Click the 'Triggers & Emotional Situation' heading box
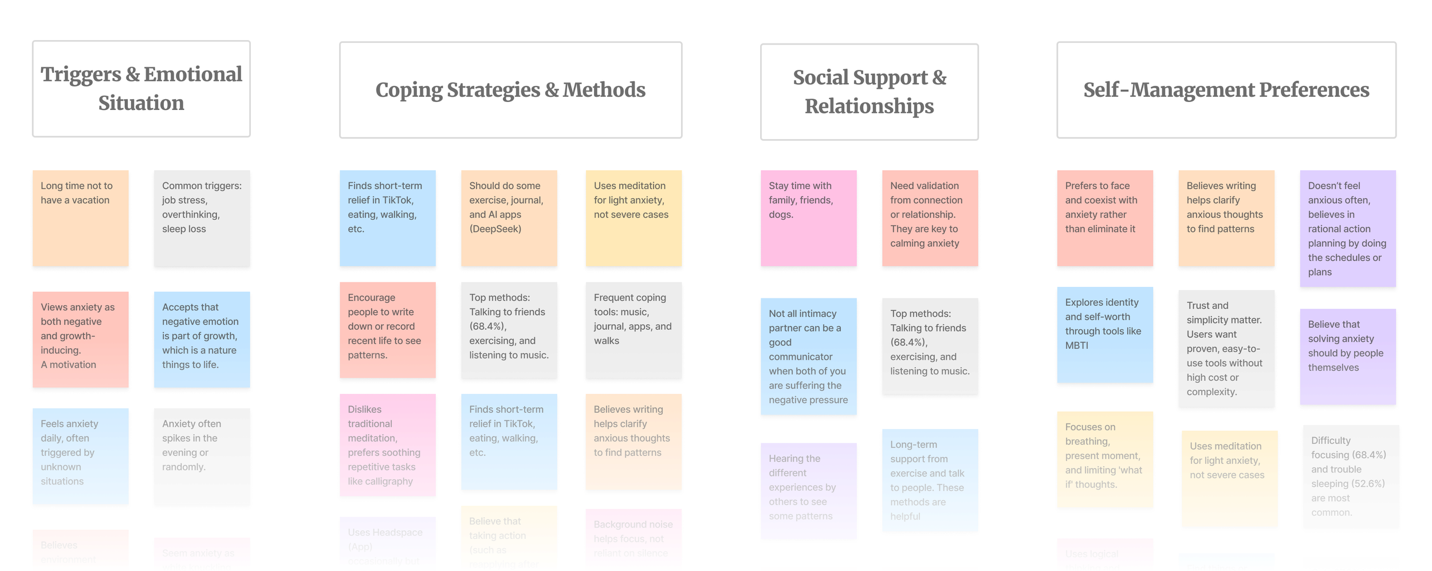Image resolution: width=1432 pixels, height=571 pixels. [x=141, y=89]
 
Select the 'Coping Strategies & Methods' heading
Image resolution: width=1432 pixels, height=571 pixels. [x=510, y=90]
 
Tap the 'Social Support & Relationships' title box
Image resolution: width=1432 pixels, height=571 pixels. [x=869, y=92]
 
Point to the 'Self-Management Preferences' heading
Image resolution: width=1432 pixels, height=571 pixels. [x=1226, y=90]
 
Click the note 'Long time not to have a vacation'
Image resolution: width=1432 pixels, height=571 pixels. [x=80, y=218]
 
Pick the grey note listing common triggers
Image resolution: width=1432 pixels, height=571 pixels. [x=202, y=218]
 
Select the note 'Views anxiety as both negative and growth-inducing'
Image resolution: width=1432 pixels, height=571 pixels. [x=80, y=339]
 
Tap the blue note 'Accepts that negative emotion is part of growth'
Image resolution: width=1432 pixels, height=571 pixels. [x=202, y=339]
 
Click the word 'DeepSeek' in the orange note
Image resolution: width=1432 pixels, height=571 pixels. [x=495, y=229]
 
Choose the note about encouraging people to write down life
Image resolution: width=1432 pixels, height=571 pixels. [x=387, y=329]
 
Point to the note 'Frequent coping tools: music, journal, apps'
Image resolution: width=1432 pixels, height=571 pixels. [x=633, y=329]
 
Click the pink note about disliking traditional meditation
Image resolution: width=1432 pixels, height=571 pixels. [x=387, y=444]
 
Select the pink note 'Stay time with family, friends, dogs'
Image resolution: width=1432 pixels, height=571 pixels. [x=808, y=218]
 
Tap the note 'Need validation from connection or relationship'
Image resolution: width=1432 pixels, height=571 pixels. [x=930, y=218]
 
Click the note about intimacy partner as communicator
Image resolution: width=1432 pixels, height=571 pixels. [x=808, y=356]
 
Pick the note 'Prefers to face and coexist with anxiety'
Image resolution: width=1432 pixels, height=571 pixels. [x=1104, y=218]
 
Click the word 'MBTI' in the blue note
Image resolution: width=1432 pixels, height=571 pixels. [x=1077, y=345]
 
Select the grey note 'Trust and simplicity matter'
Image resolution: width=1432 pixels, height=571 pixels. [x=1226, y=348]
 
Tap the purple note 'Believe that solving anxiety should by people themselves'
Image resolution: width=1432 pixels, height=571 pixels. [x=1347, y=356]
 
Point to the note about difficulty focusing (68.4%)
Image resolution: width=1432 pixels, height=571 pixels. [x=1350, y=476]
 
